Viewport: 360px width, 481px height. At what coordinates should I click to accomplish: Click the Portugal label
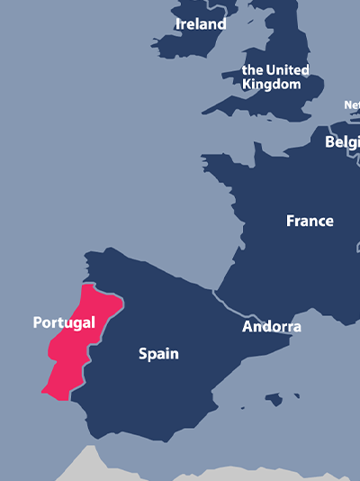64,322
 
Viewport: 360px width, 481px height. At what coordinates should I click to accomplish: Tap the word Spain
158,354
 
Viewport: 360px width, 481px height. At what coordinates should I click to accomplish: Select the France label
310,221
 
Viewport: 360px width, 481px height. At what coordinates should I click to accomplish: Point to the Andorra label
272,326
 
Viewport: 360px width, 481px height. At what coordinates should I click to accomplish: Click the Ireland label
201,24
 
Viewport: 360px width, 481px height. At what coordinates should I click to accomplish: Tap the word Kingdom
272,84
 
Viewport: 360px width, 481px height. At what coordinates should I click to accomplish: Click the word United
287,69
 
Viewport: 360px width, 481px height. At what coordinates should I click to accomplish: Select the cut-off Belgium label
342,142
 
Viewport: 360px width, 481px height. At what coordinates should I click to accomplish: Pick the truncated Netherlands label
352,105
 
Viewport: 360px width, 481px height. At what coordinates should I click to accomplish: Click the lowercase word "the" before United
253,69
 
